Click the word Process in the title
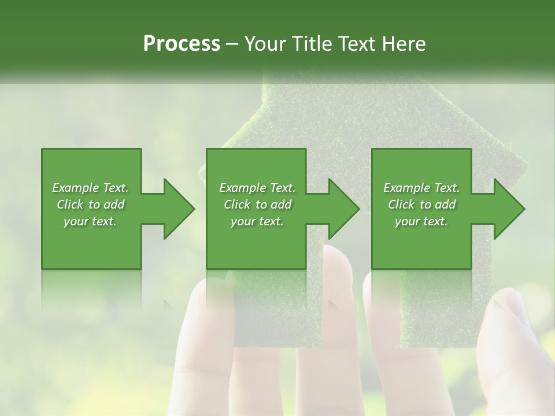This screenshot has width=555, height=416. tap(182, 44)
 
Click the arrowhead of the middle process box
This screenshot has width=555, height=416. tap(343, 209)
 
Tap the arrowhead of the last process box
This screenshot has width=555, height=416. tap(509, 209)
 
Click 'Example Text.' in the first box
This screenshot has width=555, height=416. tap(90, 188)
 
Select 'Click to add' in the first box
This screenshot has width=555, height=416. tap(90, 205)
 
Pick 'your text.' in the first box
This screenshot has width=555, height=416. tap(90, 221)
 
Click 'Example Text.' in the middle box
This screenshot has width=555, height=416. tap(257, 188)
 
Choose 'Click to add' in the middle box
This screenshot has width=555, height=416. tap(257, 205)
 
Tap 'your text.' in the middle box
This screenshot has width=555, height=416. tap(257, 221)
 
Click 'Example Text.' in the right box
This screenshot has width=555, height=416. tap(421, 188)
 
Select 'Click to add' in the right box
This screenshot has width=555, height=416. tap(421, 205)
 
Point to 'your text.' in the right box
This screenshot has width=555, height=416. tap(421, 221)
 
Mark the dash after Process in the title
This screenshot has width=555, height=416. tap(232, 44)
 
